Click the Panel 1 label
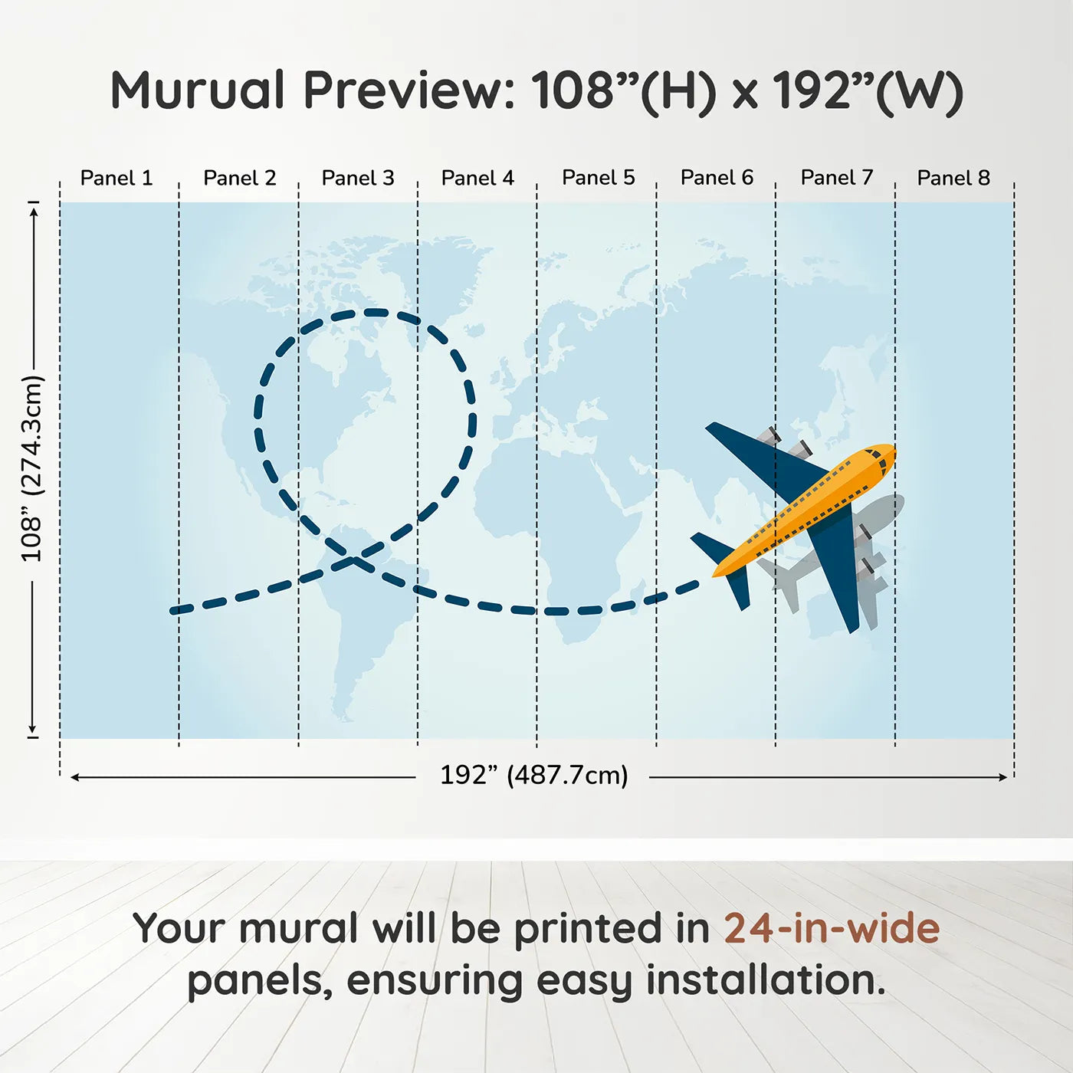pyautogui.click(x=116, y=178)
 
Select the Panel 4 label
pyautogui.click(x=477, y=178)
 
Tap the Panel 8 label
pyautogui.click(x=954, y=178)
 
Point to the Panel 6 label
pyautogui.click(x=717, y=178)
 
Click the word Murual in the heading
pyautogui.click(x=197, y=90)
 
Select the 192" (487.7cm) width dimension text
pyautogui.click(x=534, y=775)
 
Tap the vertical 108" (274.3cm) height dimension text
pyautogui.click(x=32, y=468)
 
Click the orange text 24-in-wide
pyautogui.click(x=832, y=929)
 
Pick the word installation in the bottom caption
pyautogui.click(x=766, y=980)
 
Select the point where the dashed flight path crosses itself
pyautogui.click(x=353, y=559)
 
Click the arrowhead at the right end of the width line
pyautogui.click(x=1003, y=777)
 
